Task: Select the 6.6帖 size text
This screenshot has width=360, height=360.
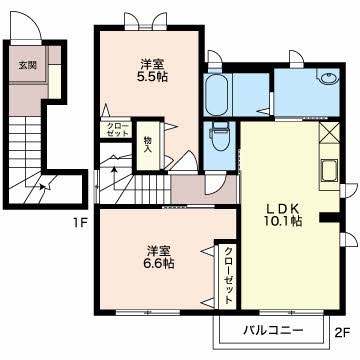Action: click(157, 263)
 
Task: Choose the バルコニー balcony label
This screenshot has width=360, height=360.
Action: click(269, 328)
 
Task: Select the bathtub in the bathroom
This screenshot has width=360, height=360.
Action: click(217, 98)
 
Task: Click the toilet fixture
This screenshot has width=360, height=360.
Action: click(218, 133)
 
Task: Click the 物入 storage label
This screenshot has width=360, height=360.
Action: click(147, 143)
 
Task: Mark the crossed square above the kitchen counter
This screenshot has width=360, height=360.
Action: click(330, 131)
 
